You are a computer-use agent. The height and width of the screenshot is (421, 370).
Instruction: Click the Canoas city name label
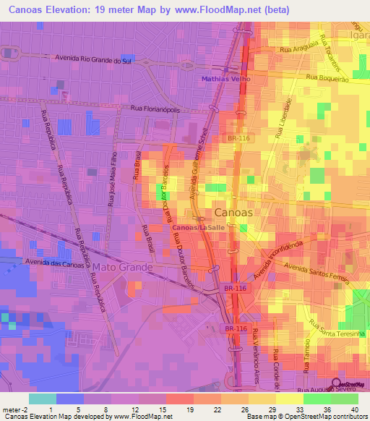(x=234, y=213)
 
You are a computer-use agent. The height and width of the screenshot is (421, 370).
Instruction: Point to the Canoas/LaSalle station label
(x=196, y=228)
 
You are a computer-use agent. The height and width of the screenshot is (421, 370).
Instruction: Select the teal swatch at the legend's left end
(x=43, y=398)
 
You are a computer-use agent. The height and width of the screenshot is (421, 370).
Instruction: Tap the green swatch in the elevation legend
(x=315, y=398)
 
